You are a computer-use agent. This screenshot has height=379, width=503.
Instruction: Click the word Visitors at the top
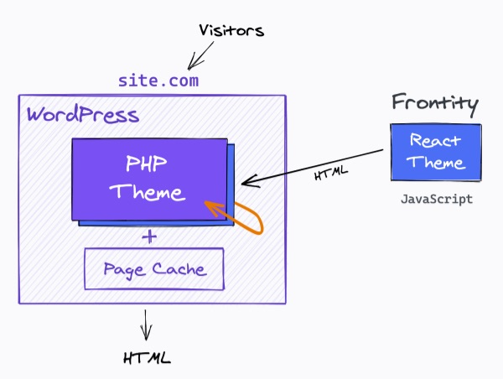point(231,31)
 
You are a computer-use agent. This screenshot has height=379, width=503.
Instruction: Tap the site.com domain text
point(158,81)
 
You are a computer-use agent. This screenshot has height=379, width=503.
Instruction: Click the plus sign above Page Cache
point(150,237)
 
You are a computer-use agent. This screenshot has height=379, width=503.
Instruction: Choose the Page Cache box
point(153,269)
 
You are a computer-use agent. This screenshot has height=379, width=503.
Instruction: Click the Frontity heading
point(435,104)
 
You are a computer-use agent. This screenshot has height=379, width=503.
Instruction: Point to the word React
point(433,141)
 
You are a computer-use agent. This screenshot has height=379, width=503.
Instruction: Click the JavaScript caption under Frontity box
point(436,200)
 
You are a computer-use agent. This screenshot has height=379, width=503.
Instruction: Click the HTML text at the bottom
point(147,358)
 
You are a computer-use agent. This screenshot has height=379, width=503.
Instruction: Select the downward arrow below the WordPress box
point(147,322)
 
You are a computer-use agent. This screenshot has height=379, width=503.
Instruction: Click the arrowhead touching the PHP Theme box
point(246,182)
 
